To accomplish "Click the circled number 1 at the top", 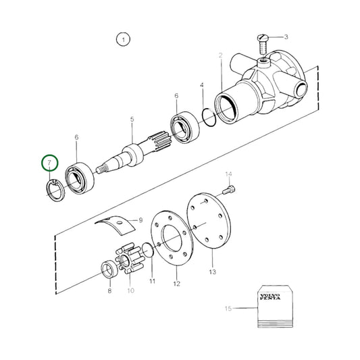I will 122,40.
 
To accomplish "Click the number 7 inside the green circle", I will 49,164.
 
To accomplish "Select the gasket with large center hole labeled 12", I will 170,239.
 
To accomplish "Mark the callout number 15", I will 228,309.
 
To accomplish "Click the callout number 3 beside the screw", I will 286,37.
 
